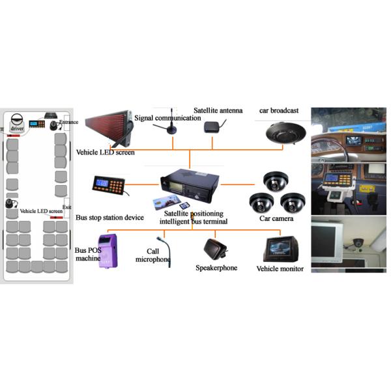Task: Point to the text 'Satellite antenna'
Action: point(218,111)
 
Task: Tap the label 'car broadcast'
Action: point(281,111)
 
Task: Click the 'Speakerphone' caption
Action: point(216,268)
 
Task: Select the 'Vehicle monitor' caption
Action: point(280,268)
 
